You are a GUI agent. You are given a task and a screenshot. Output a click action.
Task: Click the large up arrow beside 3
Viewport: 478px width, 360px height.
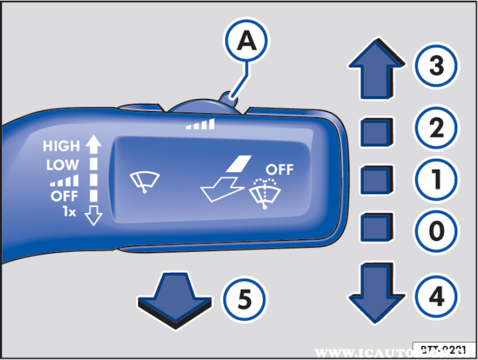click(376, 68)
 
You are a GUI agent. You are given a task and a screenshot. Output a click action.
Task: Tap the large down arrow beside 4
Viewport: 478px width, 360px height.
click(376, 292)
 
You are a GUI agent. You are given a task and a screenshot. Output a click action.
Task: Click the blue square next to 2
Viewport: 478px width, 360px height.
click(376, 132)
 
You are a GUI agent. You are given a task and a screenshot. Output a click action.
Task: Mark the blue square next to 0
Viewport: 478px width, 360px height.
click(376, 228)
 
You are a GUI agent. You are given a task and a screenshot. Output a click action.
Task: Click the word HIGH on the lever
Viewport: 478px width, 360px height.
click(61, 146)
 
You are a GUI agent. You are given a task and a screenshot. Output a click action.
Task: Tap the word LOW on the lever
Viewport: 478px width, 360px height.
click(62, 164)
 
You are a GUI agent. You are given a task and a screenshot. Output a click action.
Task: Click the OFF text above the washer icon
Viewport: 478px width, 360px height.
click(279, 170)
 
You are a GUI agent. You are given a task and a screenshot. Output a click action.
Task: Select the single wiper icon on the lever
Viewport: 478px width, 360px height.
click(145, 182)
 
